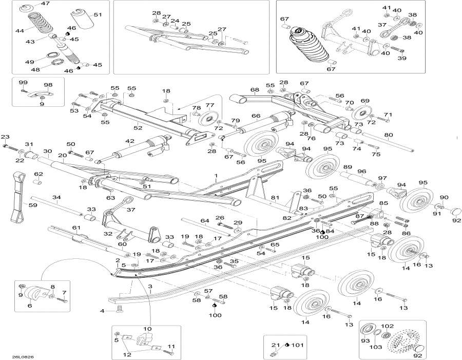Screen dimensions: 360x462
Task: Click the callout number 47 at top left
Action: coord(46,4)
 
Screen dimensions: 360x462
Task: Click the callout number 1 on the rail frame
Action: coord(216,176)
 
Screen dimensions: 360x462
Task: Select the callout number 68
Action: coord(255,90)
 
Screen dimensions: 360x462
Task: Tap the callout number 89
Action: coord(348,167)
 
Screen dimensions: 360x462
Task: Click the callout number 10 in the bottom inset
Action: coord(147,329)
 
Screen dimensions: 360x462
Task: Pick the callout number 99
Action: coord(23,83)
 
